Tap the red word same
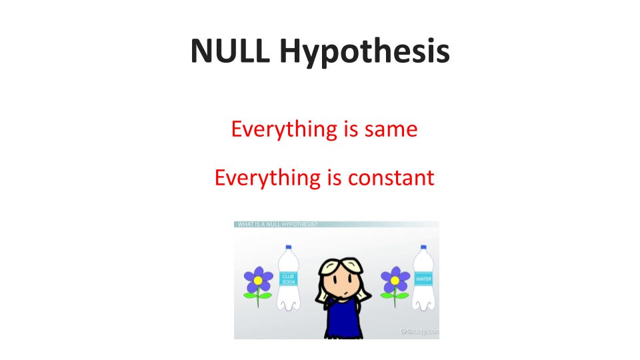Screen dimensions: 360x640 pos(390,129)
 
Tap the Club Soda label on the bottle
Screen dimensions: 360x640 pos(289,279)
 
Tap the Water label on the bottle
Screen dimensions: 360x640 pos(423,278)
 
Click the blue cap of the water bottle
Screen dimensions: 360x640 pos(422,248)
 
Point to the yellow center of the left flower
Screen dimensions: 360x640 pos(258,280)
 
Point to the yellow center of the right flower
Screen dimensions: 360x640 pos(395,281)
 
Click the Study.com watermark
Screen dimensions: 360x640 pos(419,331)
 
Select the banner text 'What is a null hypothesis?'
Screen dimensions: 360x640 pos(276,225)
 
